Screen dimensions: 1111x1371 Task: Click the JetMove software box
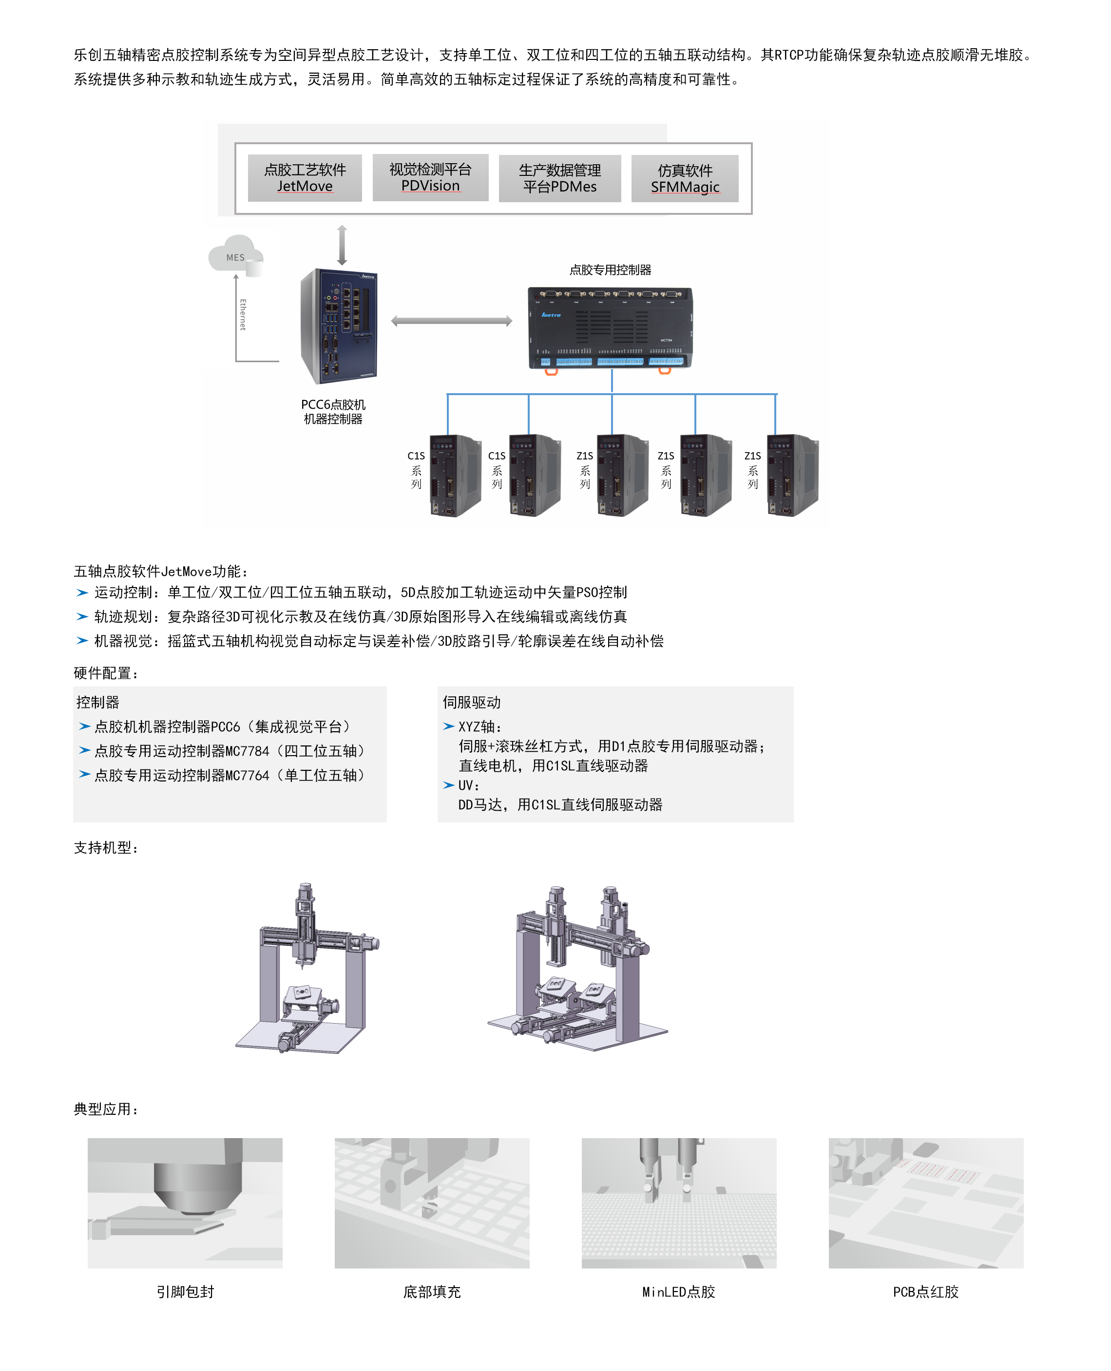pos(305,178)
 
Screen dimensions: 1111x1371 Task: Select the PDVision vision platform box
pos(430,177)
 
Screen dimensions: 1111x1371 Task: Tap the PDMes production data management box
pos(560,178)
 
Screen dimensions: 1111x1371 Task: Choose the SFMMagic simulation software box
pos(685,178)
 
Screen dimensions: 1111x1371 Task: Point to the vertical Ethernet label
pos(243,314)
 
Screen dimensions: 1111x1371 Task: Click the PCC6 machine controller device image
pos(339,326)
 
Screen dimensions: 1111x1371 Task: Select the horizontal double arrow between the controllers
pos(452,321)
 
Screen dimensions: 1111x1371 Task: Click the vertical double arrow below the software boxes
pos(343,245)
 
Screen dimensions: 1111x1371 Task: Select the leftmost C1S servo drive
pos(455,476)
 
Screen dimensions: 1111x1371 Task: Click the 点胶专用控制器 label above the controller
pos(611,270)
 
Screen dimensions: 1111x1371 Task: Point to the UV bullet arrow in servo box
pos(449,785)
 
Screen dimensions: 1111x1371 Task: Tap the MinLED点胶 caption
pos(678,1292)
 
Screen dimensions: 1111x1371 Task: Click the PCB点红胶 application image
pos(925,1203)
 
